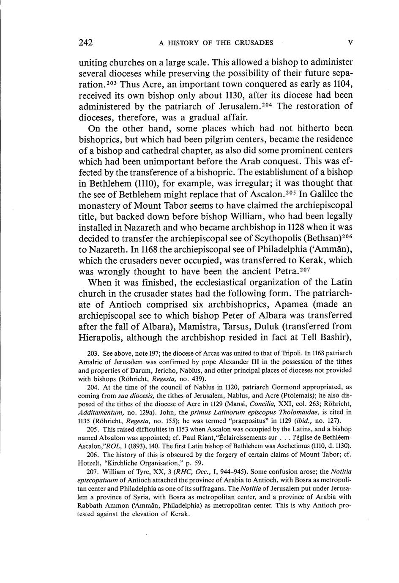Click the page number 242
(x=85, y=43)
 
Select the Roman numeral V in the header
(x=350, y=43)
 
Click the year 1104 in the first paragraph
(x=342, y=84)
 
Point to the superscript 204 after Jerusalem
(x=269, y=104)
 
